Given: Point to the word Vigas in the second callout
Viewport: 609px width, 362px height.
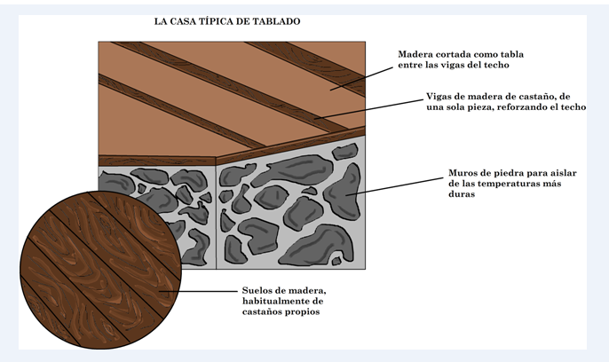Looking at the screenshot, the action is [439, 97].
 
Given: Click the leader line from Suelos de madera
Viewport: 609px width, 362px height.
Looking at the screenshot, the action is [198, 291].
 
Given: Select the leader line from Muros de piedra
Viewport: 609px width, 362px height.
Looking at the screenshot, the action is [394, 186].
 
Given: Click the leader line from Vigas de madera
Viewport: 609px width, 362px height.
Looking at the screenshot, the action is [368, 108].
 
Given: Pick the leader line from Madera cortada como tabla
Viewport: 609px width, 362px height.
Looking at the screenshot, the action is [361, 79].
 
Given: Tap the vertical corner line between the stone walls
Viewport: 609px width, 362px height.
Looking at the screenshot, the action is [216, 217].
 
